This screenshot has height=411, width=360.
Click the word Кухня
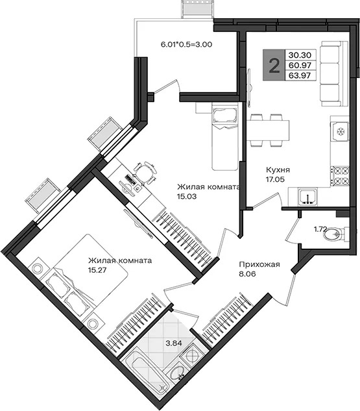tap(278, 170)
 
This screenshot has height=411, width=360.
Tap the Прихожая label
tap(259, 264)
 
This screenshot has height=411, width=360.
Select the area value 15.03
tap(187, 196)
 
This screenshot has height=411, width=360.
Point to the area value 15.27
tap(97, 270)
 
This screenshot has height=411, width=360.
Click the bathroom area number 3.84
tap(174, 343)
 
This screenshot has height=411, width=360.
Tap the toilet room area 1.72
tap(320, 229)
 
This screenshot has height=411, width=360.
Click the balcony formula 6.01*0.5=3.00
tap(186, 45)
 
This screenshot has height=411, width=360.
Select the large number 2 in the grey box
tap(274, 66)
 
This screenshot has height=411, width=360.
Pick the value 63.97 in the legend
tap(300, 75)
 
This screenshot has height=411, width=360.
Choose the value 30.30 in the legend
tap(300, 55)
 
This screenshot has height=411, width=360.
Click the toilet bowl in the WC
tap(336, 233)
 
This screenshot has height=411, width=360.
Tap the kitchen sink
tap(308, 197)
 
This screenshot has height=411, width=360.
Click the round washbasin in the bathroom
tap(177, 373)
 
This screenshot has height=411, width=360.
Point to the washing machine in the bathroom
tap(192, 356)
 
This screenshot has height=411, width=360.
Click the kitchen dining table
tap(268, 131)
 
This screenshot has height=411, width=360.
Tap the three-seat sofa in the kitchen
tap(334, 73)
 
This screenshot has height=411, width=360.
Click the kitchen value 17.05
tap(275, 180)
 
